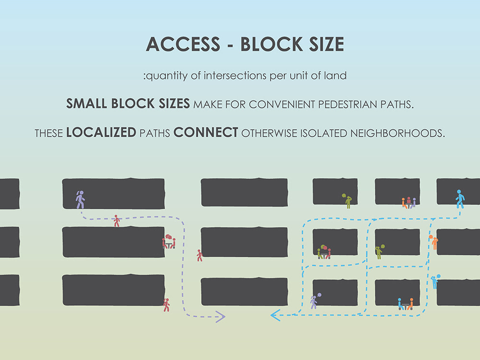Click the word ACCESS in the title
coord(183,44)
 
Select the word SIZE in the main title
coord(323,44)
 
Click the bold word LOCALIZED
coord(101,133)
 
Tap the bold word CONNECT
coord(206,133)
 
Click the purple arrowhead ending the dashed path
coord(220,316)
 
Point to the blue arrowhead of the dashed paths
coord(276,315)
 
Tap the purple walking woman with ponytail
coord(80,199)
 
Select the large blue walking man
coord(460,199)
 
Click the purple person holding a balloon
coord(314,301)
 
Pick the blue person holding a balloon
coord(435,281)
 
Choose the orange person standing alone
coord(434,242)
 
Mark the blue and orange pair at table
coord(406,304)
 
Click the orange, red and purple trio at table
coord(408,202)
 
